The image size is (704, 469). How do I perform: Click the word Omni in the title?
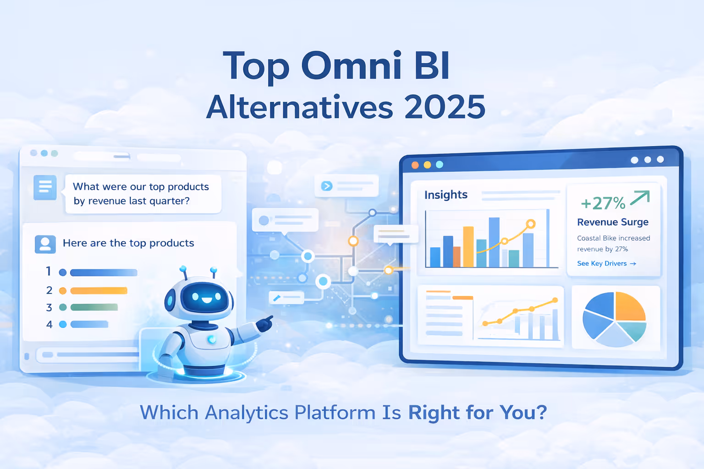click(351, 66)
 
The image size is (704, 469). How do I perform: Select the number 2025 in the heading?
click(445, 108)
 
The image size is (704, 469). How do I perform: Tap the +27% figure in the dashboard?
click(603, 203)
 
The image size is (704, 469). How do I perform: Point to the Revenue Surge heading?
click(613, 222)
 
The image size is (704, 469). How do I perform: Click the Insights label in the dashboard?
click(445, 195)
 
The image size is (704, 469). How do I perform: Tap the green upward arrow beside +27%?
click(640, 198)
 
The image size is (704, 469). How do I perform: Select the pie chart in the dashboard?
click(614, 319)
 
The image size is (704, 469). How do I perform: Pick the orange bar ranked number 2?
click(99, 291)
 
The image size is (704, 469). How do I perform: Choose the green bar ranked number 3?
click(94, 307)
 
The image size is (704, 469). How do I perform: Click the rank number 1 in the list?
click(49, 272)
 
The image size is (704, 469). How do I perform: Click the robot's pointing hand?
click(264, 324)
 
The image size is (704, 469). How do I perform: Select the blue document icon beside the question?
click(45, 187)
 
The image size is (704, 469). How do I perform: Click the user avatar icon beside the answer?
click(45, 244)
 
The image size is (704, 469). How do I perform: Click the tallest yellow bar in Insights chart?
click(468, 246)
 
